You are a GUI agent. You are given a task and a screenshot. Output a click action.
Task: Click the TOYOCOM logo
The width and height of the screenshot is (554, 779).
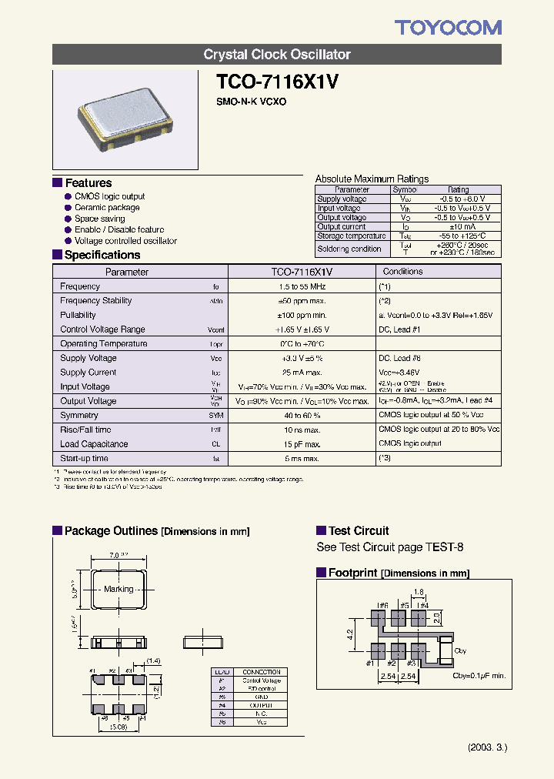[448, 28]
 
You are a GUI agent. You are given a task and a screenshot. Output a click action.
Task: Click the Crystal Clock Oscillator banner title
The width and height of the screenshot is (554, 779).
[277, 55]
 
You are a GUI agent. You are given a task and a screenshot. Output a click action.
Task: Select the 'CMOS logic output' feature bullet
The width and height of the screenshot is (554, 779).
[109, 196]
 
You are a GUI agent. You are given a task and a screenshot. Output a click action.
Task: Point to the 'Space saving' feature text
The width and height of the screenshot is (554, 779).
[99, 219]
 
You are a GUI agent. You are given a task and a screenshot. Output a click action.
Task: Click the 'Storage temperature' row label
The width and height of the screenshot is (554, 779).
[352, 236]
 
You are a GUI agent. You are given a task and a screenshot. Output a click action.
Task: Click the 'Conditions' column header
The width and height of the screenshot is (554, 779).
[402, 272]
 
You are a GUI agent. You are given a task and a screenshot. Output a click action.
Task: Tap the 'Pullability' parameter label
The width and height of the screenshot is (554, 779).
[78, 315]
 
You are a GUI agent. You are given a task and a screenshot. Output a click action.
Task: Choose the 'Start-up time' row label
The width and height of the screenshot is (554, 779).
[85, 459]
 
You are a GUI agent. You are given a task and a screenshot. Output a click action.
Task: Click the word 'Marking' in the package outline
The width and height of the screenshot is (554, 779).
[118, 589]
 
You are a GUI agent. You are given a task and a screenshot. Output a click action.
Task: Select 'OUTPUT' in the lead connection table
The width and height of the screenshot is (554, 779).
[261, 705]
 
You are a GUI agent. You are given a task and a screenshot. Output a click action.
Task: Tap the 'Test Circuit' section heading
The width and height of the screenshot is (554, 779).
[359, 531]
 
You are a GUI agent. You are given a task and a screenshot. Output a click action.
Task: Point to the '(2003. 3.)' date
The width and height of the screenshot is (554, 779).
[488, 747]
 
